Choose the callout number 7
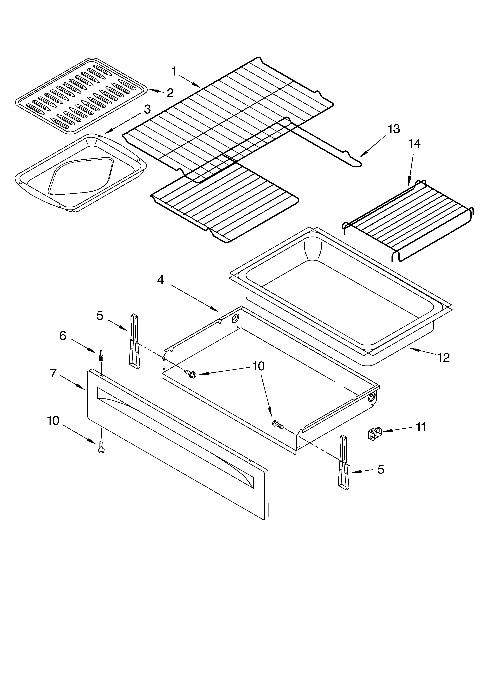click(x=53, y=373)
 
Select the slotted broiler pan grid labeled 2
click(x=81, y=95)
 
